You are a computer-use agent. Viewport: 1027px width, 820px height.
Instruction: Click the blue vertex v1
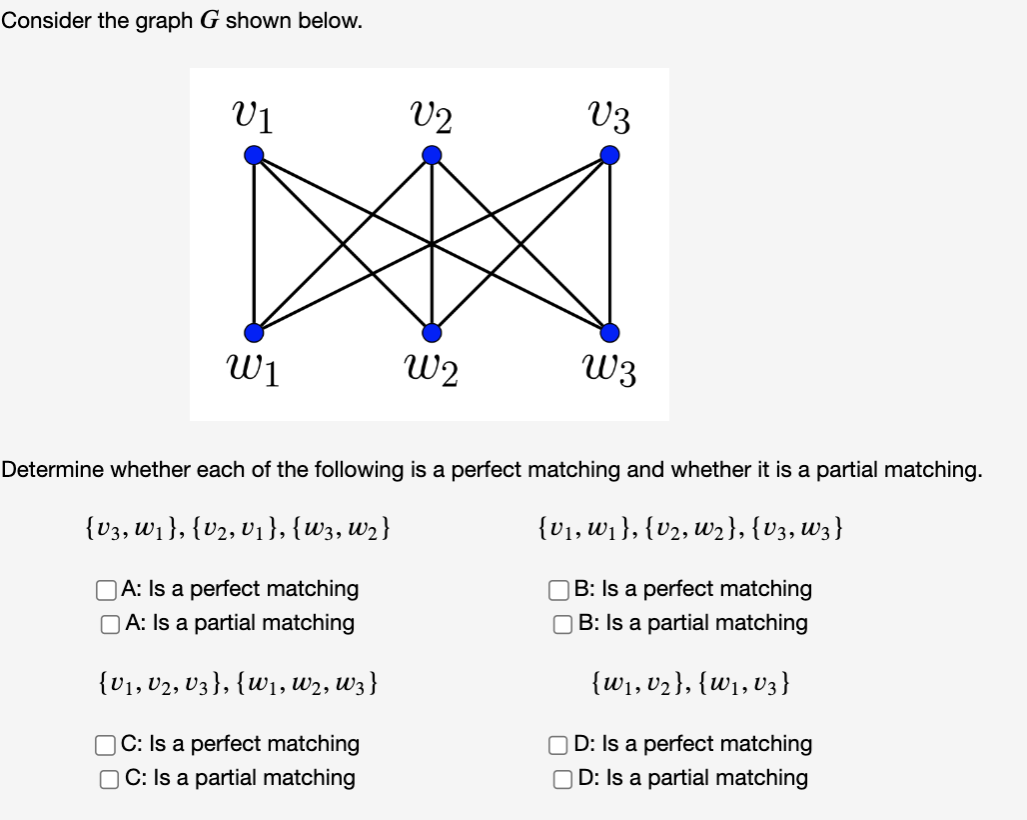pyautogui.click(x=255, y=155)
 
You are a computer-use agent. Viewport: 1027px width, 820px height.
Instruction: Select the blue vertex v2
pyautogui.click(x=432, y=155)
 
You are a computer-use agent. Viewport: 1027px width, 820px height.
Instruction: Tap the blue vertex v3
pyautogui.click(x=609, y=155)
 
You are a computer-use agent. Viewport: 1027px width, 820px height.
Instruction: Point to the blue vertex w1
pyautogui.click(x=255, y=332)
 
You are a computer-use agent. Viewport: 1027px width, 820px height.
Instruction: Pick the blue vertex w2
pyautogui.click(x=432, y=332)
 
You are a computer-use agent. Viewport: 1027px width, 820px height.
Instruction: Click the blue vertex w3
pyautogui.click(x=609, y=332)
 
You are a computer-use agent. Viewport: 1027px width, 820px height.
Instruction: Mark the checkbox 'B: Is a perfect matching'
pyautogui.click(x=560, y=590)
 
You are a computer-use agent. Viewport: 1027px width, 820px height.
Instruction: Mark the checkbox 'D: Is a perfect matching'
pyautogui.click(x=560, y=745)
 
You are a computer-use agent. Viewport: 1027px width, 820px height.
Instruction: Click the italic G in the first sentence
pyautogui.click(x=209, y=22)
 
